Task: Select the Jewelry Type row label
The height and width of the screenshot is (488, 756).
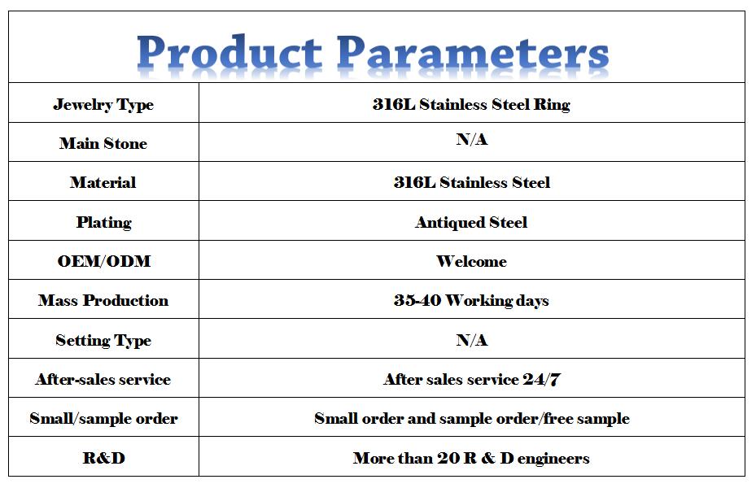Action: pos(103,105)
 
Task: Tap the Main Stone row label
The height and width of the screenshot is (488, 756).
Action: pos(103,143)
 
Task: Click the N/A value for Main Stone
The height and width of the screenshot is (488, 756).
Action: pos(471,139)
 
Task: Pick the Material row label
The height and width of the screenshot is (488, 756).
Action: pos(103,182)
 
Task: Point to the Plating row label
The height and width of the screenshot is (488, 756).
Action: pos(103,222)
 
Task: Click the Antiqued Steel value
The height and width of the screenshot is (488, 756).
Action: pos(471,222)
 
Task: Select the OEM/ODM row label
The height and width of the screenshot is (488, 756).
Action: pos(103,261)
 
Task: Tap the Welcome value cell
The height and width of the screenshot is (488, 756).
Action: pos(471,261)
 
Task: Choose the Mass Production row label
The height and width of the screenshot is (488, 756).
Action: pos(103,300)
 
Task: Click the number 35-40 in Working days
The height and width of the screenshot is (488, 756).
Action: pos(417,300)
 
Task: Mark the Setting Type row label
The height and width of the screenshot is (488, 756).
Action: pos(103,340)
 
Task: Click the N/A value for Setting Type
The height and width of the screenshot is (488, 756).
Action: pos(471,340)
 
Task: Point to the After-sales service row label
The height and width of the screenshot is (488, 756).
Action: pos(103,379)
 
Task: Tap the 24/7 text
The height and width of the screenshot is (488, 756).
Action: pos(541,379)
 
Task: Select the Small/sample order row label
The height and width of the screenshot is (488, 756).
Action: pos(103,418)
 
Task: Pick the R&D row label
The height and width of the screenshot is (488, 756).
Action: pos(103,458)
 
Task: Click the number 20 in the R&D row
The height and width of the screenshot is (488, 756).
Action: pos(448,458)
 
